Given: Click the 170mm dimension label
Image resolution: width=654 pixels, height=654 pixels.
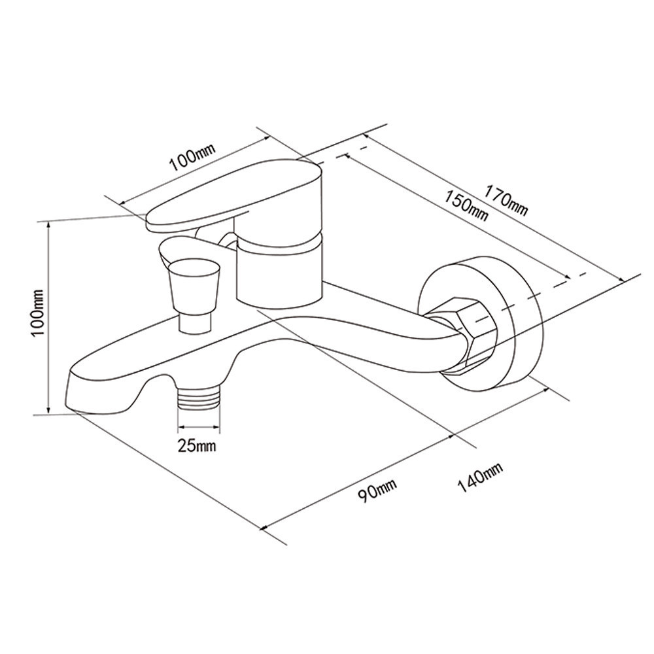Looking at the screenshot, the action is click(506, 201).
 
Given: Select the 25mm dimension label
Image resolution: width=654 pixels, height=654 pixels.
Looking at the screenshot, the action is click(197, 445).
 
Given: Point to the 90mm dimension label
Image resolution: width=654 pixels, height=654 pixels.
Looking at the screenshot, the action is click(377, 490).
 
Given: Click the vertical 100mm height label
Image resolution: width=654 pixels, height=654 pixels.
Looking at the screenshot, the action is click(38, 313).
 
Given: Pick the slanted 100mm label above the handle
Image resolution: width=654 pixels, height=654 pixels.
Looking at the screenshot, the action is click(192, 157).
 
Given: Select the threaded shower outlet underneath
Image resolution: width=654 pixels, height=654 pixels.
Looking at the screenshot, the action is click(199, 398).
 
